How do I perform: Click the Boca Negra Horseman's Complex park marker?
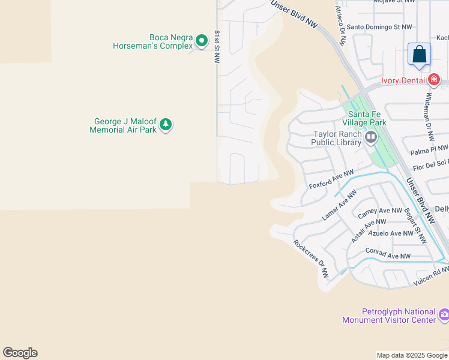click(202, 41)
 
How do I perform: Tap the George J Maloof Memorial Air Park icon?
click(166, 125)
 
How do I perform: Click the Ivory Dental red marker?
click(434, 80)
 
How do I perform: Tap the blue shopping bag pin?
click(419, 55)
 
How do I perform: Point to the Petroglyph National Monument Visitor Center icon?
click(444, 314)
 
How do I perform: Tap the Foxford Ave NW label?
click(331, 178)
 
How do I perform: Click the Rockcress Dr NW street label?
click(311, 259)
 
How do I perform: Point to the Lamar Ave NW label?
click(339, 205)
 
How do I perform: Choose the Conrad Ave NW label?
click(388, 256)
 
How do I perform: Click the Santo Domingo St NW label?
click(380, 27)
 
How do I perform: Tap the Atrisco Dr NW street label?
click(340, 26)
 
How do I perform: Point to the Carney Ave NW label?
click(379, 211)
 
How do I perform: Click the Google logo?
click(20, 353)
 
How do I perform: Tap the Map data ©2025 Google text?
click(412, 355)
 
